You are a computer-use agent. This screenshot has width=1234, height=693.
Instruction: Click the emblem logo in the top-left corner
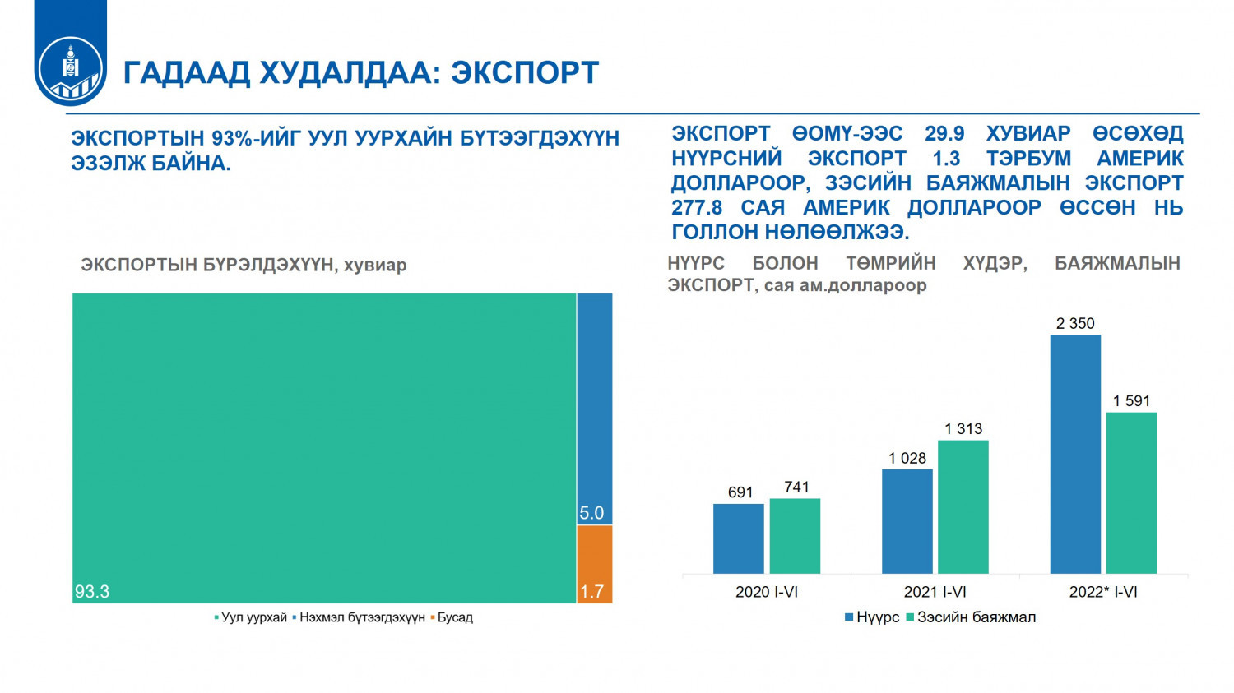tap(71, 71)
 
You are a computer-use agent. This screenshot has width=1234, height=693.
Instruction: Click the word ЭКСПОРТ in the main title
tap(525, 72)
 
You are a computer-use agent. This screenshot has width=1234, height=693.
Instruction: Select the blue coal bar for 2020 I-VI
tap(738, 539)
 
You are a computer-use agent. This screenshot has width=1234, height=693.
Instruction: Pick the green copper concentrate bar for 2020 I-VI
tap(795, 536)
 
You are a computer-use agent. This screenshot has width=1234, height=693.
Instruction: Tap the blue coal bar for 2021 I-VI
tap(907, 522)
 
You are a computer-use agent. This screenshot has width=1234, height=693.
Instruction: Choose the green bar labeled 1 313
tap(963, 507)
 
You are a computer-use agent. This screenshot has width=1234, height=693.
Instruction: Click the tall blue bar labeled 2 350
tap(1075, 455)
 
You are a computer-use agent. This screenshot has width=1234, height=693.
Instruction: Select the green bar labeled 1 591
tap(1131, 493)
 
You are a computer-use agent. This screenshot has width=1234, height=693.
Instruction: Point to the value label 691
tap(740, 492)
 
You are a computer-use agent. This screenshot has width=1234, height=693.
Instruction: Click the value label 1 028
tap(907, 458)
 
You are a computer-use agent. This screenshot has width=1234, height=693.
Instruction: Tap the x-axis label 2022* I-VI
tap(1103, 592)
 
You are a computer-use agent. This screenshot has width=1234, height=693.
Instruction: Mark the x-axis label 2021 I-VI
tap(935, 592)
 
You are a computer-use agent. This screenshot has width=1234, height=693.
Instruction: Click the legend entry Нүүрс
tap(872, 617)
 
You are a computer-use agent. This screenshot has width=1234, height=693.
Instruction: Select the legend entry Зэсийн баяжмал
tap(971, 617)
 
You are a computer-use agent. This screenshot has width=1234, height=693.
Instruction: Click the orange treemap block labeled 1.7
tap(595, 564)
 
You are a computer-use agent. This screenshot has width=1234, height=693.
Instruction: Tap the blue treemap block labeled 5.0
tap(595, 409)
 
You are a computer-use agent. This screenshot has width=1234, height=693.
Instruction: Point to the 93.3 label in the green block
tap(92, 592)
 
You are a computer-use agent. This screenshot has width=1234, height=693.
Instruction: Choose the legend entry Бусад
tap(452, 617)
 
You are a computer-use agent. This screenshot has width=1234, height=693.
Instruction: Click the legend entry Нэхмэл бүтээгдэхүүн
tap(359, 617)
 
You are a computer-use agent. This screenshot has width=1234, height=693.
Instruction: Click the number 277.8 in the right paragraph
tap(696, 207)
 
